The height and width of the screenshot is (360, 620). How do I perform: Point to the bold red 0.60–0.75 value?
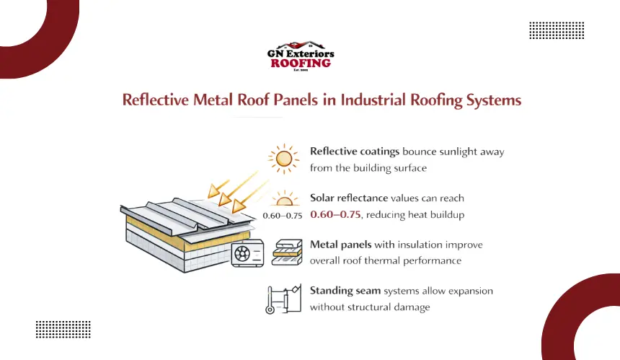pyautogui.click(x=336, y=215)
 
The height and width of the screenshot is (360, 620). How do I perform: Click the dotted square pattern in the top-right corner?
pyautogui.click(x=556, y=31)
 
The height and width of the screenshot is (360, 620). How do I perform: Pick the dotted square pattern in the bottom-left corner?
pyautogui.click(x=63, y=330)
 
